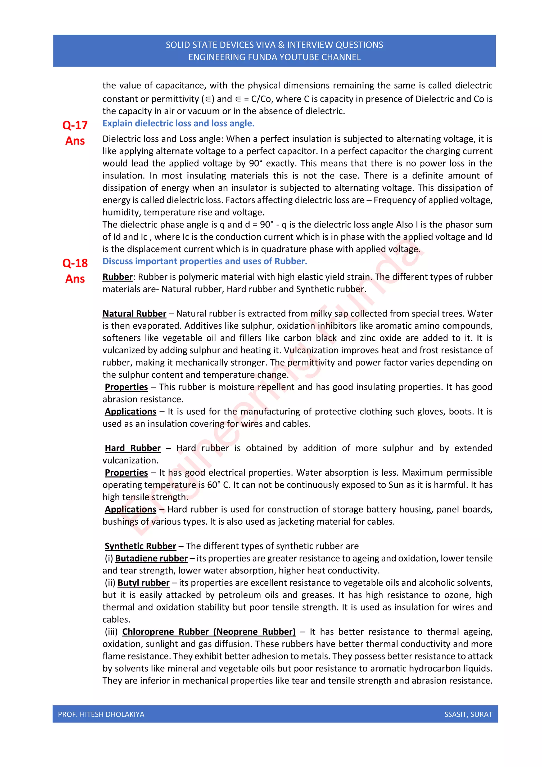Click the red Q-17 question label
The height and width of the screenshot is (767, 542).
tap(75, 125)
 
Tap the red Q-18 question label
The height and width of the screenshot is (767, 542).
tap(75, 263)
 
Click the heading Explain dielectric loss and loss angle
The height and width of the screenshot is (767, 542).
tap(178, 124)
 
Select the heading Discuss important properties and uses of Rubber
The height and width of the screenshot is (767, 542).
tap(205, 261)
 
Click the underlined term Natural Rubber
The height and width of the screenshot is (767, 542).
tap(134, 314)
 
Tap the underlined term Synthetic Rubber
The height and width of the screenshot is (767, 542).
tap(140, 546)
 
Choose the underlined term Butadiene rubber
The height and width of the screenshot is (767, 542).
tap(151, 559)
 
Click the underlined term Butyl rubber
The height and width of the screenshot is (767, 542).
tap(143, 583)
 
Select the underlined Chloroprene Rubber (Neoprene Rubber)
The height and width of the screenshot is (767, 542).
tap(209, 632)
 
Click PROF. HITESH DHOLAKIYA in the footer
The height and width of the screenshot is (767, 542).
tap(101, 715)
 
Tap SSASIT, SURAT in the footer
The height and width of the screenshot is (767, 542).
tap(468, 715)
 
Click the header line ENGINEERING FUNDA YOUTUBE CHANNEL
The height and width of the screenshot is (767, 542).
tap(274, 57)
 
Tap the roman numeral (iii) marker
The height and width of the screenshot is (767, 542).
tap(111, 632)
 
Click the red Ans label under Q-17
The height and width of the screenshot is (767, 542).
tap(75, 141)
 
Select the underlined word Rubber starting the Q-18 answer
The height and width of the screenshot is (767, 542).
tap(118, 277)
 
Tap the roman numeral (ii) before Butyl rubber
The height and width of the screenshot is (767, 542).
tap(110, 583)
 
